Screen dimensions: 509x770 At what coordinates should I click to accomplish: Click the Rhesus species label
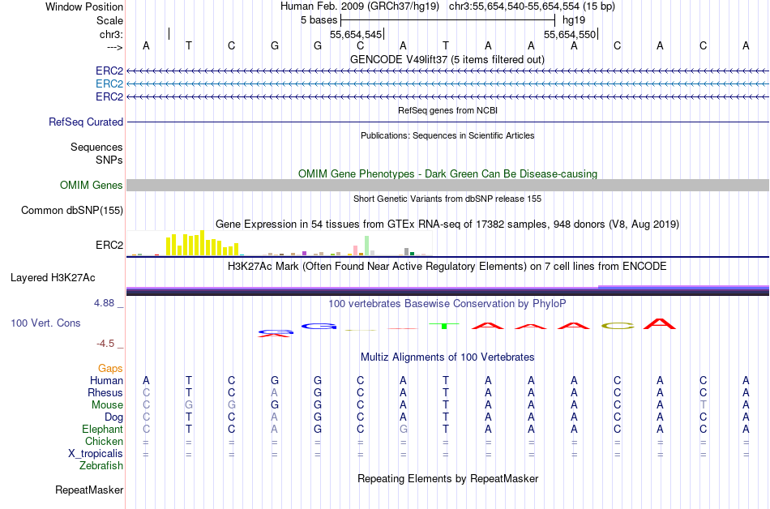pyautogui.click(x=105, y=392)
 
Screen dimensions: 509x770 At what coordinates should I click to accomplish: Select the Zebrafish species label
pyautogui.click(x=101, y=465)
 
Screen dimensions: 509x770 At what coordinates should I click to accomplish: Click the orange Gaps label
pyautogui.click(x=110, y=368)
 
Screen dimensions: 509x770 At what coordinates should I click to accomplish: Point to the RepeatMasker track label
pyautogui.click(x=89, y=490)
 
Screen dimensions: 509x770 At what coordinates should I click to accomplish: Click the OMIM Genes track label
pyautogui.click(x=92, y=186)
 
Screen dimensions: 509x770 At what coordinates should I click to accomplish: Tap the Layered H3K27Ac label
pyautogui.click(x=53, y=277)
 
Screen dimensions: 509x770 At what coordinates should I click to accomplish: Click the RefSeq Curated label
pyautogui.click(x=86, y=122)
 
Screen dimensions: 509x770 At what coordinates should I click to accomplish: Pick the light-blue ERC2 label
pyautogui.click(x=109, y=83)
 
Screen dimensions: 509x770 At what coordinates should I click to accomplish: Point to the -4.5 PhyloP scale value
pyautogui.click(x=108, y=343)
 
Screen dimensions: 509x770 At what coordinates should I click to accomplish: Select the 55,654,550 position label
pyautogui.click(x=570, y=35)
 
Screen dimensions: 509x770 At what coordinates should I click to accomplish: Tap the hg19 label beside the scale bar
pyautogui.click(x=573, y=19)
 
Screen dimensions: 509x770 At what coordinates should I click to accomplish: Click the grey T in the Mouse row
pyautogui.click(x=704, y=404)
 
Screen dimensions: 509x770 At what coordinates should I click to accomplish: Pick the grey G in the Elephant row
pyautogui.click(x=403, y=429)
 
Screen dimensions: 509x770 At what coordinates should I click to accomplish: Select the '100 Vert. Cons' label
pyautogui.click(x=45, y=323)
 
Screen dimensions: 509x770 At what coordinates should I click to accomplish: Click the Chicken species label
pyautogui.click(x=105, y=441)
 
